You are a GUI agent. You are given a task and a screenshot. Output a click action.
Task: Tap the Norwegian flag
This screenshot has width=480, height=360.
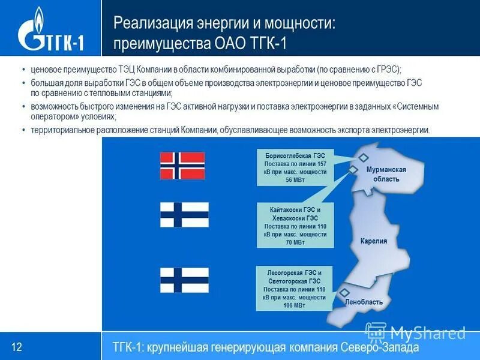pyautogui.click(x=182, y=166)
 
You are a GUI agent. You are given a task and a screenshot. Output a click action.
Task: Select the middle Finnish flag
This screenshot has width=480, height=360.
pyautogui.click(x=184, y=215)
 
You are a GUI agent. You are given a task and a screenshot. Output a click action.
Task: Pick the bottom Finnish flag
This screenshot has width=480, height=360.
pyautogui.click(x=184, y=280)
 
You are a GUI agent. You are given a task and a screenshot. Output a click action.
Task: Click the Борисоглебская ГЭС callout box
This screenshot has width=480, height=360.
pyautogui.click(x=295, y=167)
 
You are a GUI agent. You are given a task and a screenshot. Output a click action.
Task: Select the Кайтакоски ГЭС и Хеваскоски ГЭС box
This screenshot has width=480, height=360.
pyautogui.click(x=295, y=226)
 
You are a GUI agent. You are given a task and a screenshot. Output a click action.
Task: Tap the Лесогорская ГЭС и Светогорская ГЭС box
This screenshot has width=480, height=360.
pyautogui.click(x=295, y=289)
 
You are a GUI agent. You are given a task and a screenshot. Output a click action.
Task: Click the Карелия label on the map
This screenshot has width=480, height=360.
pyautogui.click(x=373, y=241)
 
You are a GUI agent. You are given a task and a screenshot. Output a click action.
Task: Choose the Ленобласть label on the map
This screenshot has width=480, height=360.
pyautogui.click(x=364, y=302)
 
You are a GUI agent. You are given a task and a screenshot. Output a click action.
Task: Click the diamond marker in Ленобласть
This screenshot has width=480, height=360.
pyautogui.click(x=344, y=293)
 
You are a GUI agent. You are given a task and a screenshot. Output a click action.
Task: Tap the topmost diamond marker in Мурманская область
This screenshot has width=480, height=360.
pyautogui.click(x=364, y=157)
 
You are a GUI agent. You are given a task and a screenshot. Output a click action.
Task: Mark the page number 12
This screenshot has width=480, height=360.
pyautogui.click(x=17, y=346)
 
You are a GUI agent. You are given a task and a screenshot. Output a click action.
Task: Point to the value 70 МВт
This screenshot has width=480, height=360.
pyautogui.click(x=295, y=242)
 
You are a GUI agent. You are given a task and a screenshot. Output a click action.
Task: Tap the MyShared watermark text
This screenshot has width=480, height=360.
pyautogui.click(x=427, y=332)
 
